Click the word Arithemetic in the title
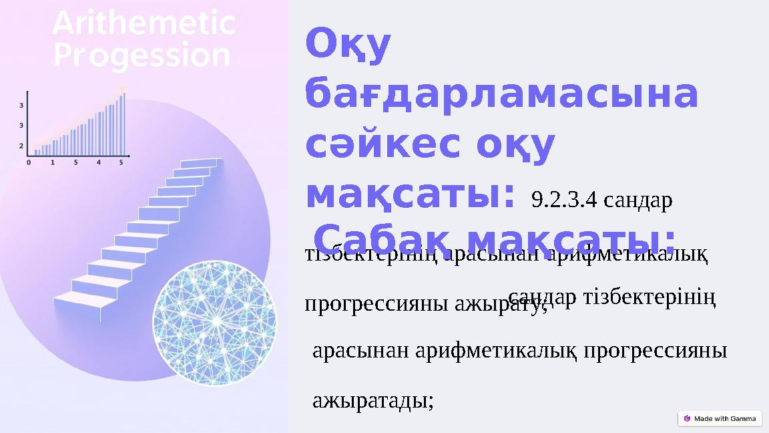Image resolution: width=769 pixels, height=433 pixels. tap(144, 25)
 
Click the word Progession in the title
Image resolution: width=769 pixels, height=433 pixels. tap(142, 56)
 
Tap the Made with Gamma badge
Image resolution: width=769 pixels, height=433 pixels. tap(719, 419)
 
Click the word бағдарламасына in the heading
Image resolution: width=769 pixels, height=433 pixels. tap(501, 96)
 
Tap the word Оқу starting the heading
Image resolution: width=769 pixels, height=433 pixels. tap(348, 45)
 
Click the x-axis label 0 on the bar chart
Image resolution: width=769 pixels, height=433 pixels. tap(28, 162)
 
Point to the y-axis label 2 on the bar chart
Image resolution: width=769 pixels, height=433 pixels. tap(21, 145)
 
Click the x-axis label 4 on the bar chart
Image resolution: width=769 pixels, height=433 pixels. tap(98, 162)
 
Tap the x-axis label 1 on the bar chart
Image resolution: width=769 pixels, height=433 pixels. tap(53, 162)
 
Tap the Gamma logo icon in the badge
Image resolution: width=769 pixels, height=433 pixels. tap(687, 419)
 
